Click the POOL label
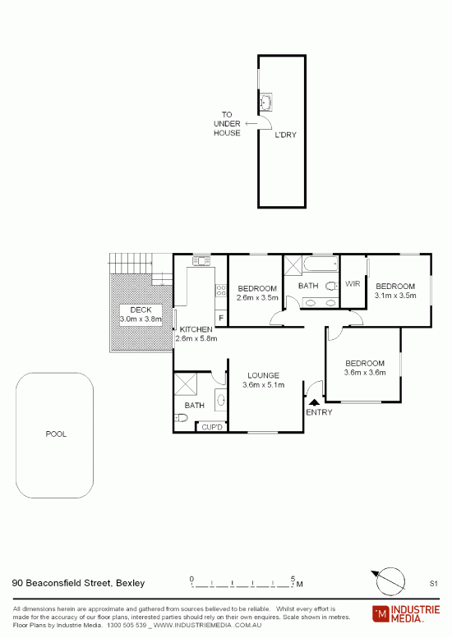coord(56,434)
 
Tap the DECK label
coord(141,310)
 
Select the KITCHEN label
coord(196,329)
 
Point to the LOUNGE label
coord(264,375)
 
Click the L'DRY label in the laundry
coord(285,135)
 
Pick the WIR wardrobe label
coord(353,283)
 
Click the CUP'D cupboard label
coord(212,427)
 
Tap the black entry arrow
coord(315,402)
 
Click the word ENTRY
coord(319,412)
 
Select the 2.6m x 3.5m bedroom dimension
coord(257,297)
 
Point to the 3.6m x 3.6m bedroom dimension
coord(365,372)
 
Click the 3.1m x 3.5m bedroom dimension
coord(395,296)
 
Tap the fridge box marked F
coord(221,318)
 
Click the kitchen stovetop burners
coord(221,290)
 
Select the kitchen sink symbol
coord(201,260)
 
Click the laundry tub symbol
coord(266,102)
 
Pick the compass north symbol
coord(390,581)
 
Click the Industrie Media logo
coord(406,614)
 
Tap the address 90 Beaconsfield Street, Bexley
coord(79,583)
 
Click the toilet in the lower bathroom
coord(181,417)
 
